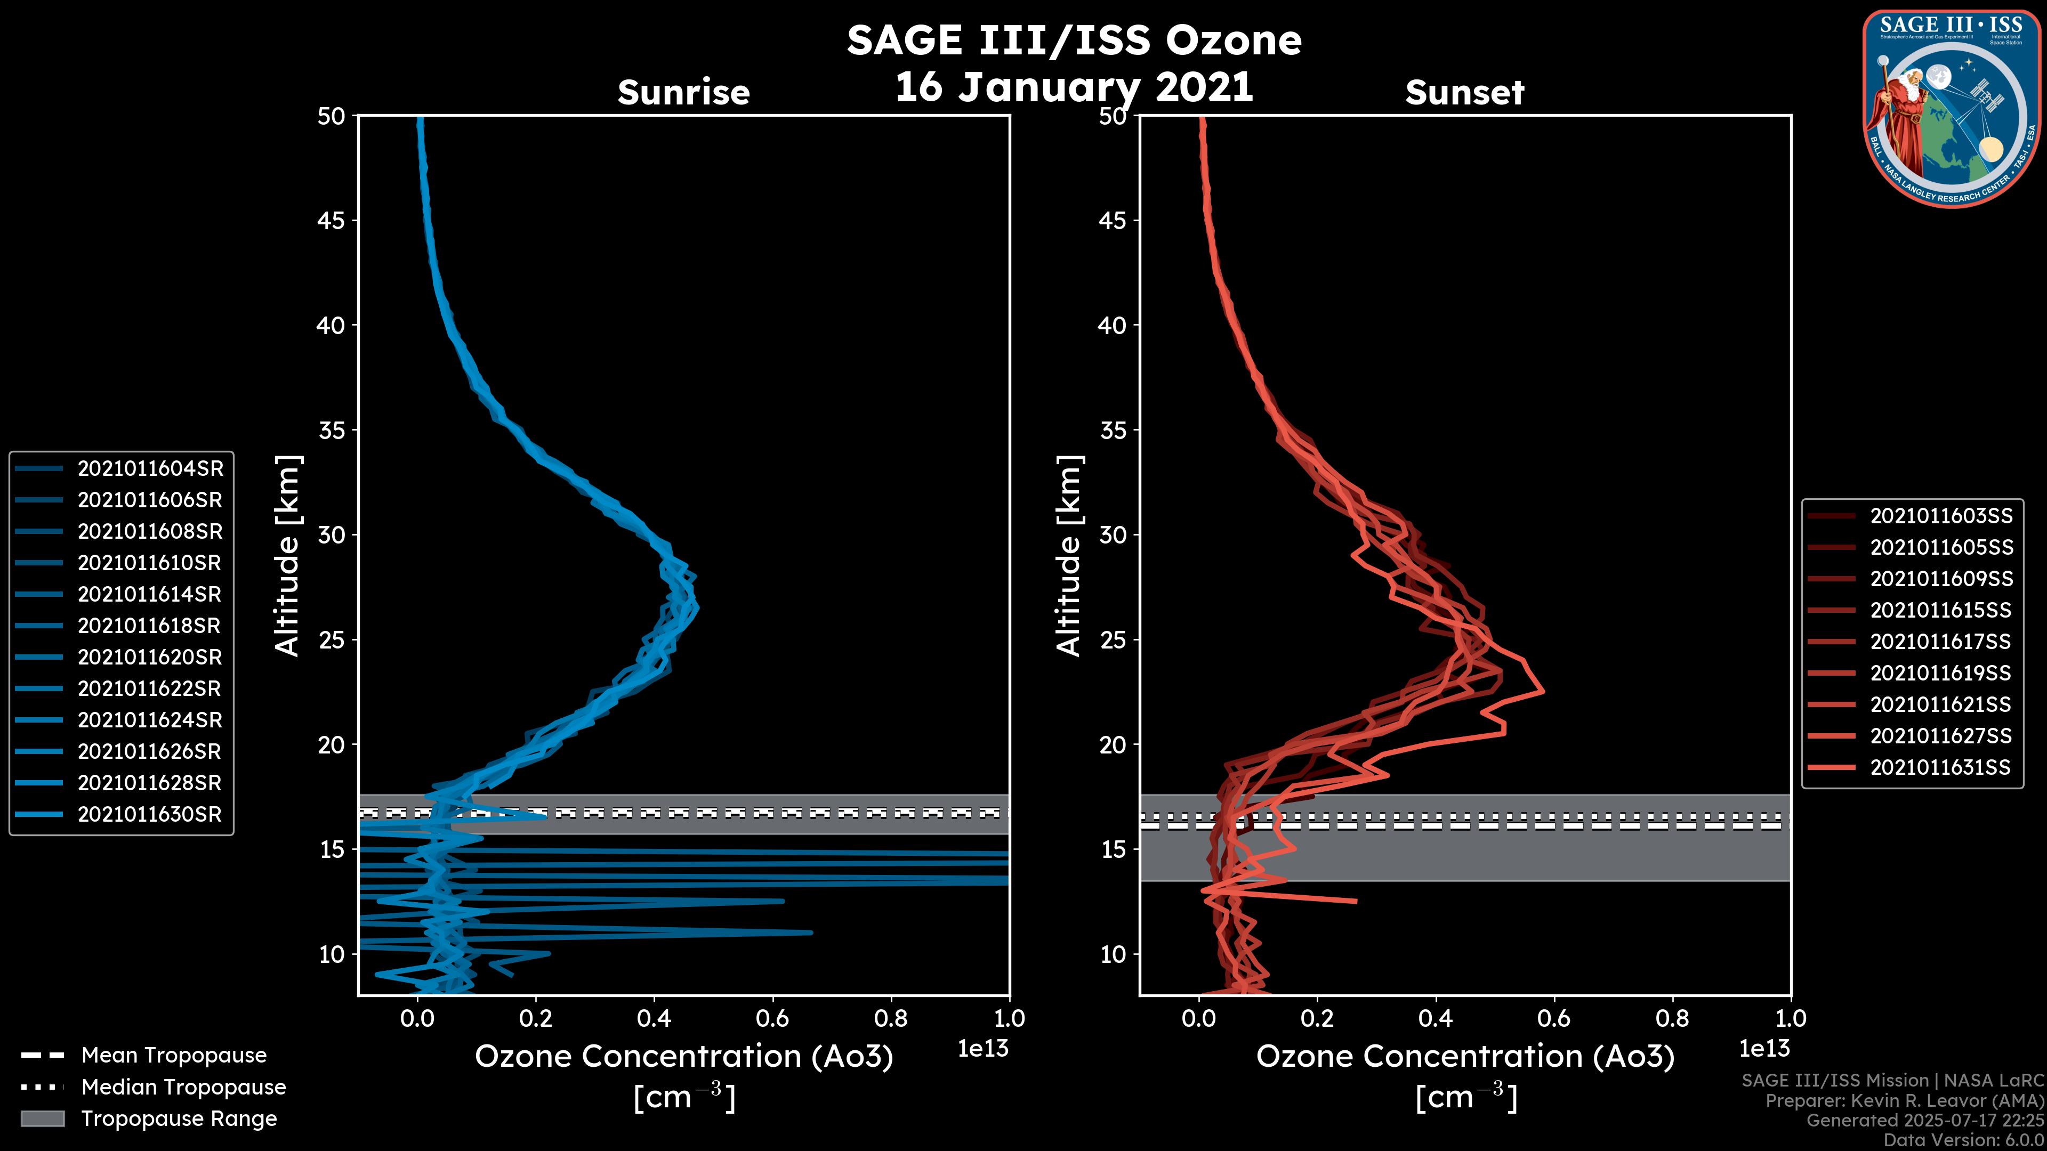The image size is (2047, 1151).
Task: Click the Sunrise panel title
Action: [x=683, y=92]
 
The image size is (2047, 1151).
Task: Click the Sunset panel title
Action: [x=1464, y=92]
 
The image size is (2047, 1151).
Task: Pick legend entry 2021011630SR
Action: [x=149, y=814]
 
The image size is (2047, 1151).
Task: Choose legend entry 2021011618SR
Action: [x=149, y=626]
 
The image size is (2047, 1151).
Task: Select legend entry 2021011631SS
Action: [x=1940, y=767]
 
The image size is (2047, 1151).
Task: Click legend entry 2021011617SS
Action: [x=1940, y=642]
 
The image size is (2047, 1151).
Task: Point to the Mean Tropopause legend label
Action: [x=174, y=1056]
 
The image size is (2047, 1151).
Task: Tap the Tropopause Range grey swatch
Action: [x=43, y=1118]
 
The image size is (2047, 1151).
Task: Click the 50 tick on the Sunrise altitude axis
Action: [x=332, y=117]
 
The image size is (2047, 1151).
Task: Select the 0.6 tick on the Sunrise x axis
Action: [x=772, y=1018]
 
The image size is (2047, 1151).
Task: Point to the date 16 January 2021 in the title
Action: [x=1074, y=87]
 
